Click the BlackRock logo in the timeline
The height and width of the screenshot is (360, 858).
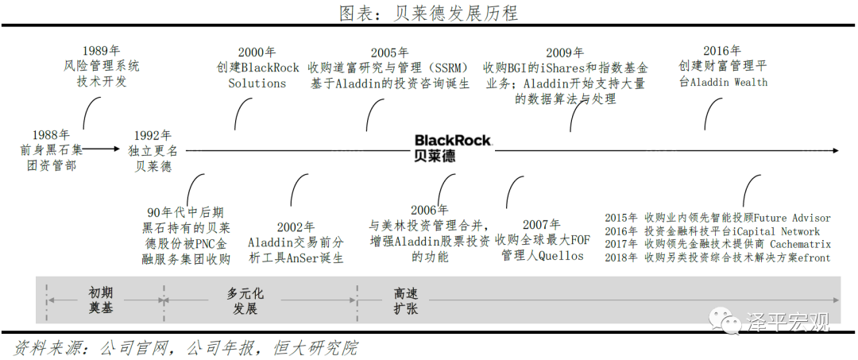coord(453,148)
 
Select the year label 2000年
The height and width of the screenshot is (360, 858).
coord(257,52)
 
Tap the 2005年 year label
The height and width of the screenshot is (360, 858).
coord(389,52)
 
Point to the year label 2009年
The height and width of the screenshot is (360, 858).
coord(566,52)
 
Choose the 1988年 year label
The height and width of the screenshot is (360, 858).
coord(51,134)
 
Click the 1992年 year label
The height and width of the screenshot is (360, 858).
coord(153,135)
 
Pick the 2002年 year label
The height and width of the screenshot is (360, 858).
coord(296,226)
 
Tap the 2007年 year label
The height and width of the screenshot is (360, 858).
coord(542,224)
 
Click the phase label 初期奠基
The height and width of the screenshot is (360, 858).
coord(101,300)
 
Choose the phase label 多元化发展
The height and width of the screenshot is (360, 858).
coord(245,300)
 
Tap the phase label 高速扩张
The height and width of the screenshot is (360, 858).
coord(405,300)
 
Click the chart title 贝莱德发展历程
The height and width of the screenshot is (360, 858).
coord(455,12)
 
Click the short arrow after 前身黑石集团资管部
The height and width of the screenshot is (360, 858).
coord(101,149)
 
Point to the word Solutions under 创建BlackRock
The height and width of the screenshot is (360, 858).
coord(257,83)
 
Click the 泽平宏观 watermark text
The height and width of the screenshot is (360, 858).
coord(788,322)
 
